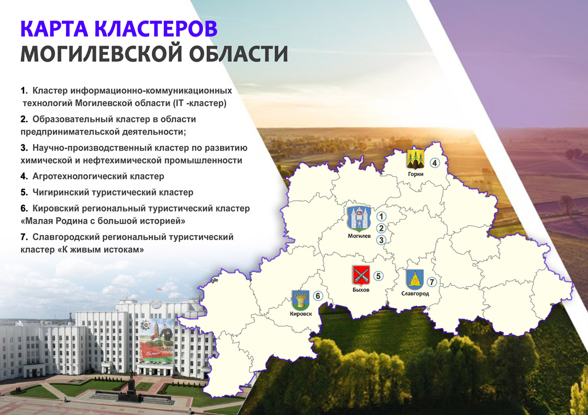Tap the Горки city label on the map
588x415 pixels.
416,174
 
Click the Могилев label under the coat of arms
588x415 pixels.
359,236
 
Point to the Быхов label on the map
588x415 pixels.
361,290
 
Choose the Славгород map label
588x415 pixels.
415,294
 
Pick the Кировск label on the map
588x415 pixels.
301,314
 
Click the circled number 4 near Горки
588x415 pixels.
434,163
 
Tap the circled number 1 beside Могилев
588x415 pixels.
381,216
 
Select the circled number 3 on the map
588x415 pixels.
381,240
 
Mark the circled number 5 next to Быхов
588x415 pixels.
378,276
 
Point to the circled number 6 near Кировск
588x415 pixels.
318,296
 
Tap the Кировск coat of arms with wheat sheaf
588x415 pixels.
301,300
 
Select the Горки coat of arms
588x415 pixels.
416,159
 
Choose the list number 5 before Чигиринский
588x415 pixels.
24,192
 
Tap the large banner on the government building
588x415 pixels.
157,341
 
